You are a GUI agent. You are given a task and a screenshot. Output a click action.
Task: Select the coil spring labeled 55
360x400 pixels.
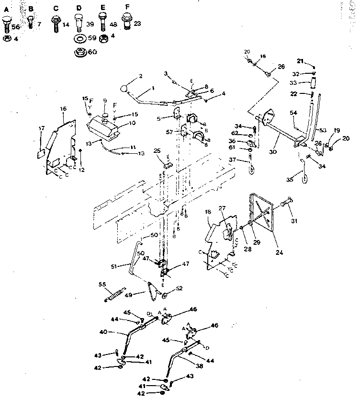[x=115, y=293]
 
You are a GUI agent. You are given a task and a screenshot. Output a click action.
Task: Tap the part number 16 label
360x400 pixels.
[x=63, y=109]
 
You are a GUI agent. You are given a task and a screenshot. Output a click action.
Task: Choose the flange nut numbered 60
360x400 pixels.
[x=79, y=52]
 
